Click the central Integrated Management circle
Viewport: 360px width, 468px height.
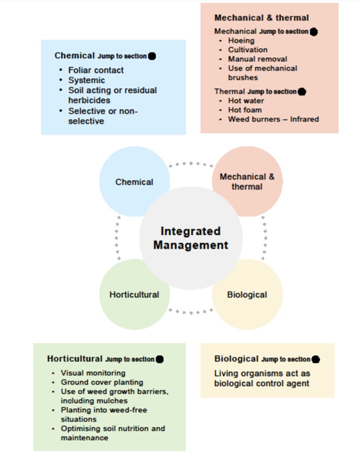point(190,237)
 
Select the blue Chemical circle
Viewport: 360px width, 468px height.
point(134,182)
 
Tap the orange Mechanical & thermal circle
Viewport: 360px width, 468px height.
point(247,181)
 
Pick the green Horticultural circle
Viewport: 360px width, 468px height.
point(134,294)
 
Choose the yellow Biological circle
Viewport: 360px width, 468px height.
point(247,294)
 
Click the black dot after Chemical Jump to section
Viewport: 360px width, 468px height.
point(152,56)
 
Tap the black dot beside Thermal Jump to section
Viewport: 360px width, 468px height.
point(302,92)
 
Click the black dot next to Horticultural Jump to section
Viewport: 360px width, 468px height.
point(160,359)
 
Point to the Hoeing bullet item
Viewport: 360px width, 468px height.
point(241,40)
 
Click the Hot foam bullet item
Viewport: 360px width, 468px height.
point(245,110)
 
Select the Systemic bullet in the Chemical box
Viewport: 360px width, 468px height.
point(87,80)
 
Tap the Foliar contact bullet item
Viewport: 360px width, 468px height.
point(96,70)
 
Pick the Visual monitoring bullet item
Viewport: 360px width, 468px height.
point(93,373)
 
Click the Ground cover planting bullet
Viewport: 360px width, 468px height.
point(102,382)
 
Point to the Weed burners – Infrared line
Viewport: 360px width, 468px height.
point(273,119)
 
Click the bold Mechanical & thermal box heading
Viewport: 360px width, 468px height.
point(261,18)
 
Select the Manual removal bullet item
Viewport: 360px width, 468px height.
point(257,59)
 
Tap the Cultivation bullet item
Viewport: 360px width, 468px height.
point(248,50)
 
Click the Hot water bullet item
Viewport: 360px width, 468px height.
point(246,100)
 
